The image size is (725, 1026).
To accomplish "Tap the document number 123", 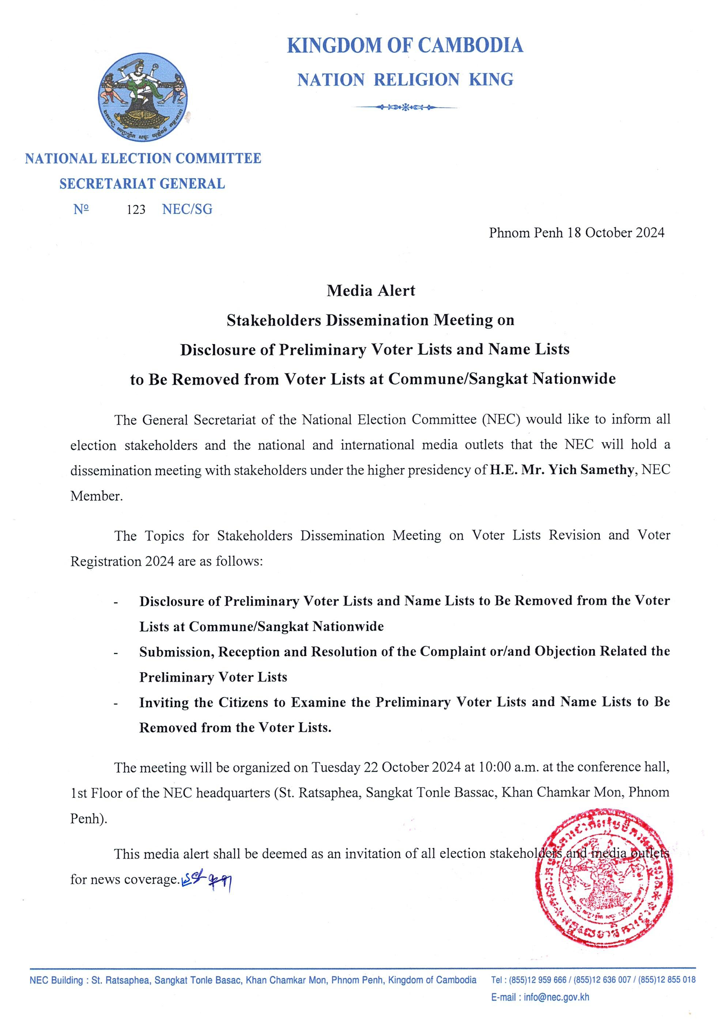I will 136,210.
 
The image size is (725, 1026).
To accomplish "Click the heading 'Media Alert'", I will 371,291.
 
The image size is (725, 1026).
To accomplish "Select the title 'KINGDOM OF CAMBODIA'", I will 405,46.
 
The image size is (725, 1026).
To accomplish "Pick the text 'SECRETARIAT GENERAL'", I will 142,184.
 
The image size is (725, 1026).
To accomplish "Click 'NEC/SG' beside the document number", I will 187,209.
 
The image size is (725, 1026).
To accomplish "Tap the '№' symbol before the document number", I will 81,209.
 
